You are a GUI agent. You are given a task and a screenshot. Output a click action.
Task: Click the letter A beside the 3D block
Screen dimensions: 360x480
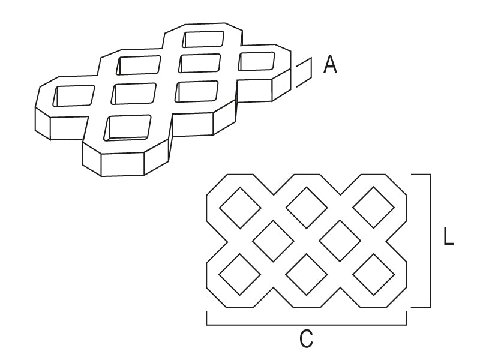(x=330, y=64)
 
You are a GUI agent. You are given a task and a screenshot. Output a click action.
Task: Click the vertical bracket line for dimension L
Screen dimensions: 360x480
(x=430, y=240)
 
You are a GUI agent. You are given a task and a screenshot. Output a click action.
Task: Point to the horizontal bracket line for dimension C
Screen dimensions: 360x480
(x=307, y=325)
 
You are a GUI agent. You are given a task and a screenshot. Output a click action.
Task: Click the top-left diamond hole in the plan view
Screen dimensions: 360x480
(x=240, y=208)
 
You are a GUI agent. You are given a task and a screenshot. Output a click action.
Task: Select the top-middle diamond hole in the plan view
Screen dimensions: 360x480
(x=307, y=208)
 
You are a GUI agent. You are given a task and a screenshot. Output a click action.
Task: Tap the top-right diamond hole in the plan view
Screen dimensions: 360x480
(x=373, y=208)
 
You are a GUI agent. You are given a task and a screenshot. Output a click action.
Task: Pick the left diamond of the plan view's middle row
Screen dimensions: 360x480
(x=273, y=241)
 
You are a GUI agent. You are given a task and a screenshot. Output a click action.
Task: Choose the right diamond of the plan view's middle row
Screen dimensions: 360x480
(x=340, y=241)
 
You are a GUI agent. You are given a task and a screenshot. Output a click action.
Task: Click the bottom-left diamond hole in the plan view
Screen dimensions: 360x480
(x=240, y=274)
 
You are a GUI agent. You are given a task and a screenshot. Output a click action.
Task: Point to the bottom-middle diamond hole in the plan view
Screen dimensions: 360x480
(x=307, y=274)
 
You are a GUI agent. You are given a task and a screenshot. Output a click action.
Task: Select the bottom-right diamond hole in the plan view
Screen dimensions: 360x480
(x=373, y=274)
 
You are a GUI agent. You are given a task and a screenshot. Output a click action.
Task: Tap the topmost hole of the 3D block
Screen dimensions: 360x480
(x=205, y=39)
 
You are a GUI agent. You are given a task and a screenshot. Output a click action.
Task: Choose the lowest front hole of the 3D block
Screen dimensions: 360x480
(x=128, y=127)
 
